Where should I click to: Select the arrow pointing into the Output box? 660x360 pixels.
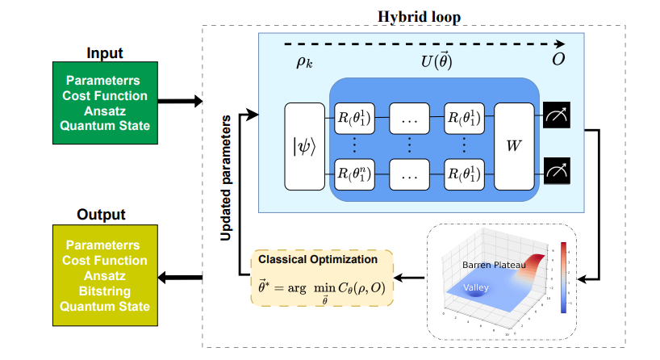[x=179, y=278]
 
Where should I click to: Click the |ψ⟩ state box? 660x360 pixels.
[x=303, y=146]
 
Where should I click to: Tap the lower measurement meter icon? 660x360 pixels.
[x=556, y=173]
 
